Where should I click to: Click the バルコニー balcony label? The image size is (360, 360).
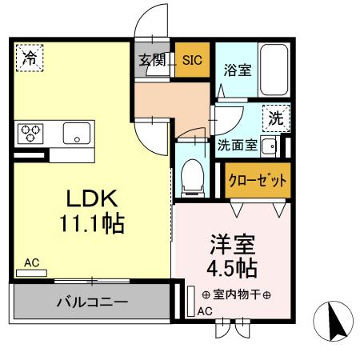pos(92,303)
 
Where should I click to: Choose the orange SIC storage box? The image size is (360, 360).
pos(192,59)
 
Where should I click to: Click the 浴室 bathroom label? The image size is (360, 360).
pos(237,70)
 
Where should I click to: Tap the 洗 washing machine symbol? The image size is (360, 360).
pos(275,118)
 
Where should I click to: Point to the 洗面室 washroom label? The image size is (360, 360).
pos(238,145)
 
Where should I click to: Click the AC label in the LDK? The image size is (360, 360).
pos(31,262)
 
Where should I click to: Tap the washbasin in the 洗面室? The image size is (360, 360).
pos(270,146)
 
